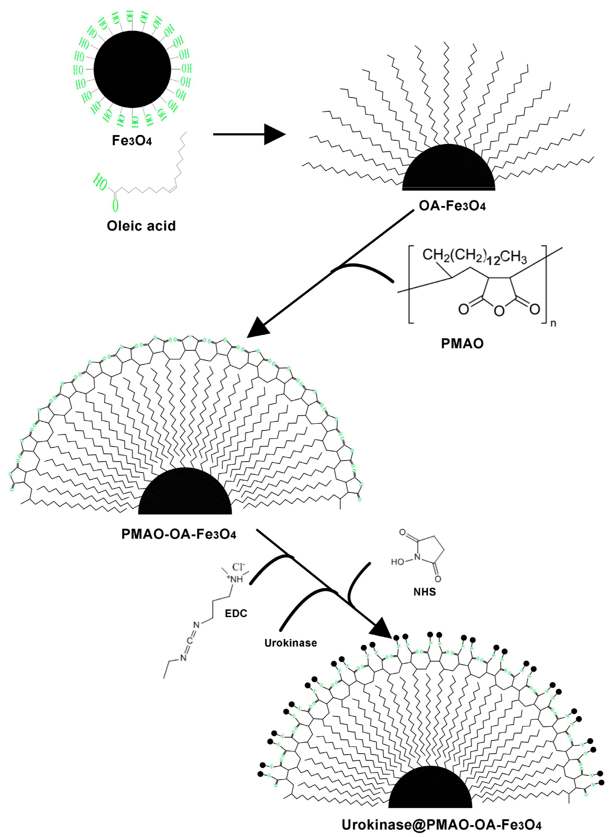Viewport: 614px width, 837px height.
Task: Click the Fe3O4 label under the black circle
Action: (x=132, y=141)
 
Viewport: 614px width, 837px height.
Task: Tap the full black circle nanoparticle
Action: (x=132, y=69)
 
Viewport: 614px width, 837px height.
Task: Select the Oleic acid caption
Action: (x=141, y=226)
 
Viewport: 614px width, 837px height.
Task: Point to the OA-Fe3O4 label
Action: (x=452, y=205)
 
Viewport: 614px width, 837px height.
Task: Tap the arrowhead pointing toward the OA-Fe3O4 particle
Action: (x=274, y=134)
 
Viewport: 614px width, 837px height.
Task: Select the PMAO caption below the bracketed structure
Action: (x=462, y=344)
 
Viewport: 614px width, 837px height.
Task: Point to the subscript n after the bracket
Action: (x=553, y=323)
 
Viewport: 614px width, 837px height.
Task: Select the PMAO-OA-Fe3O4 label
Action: (x=178, y=534)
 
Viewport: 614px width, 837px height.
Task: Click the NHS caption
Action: (x=424, y=592)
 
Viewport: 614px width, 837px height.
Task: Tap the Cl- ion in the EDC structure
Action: (x=239, y=567)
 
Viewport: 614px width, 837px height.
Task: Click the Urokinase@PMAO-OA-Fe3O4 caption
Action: (x=441, y=825)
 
